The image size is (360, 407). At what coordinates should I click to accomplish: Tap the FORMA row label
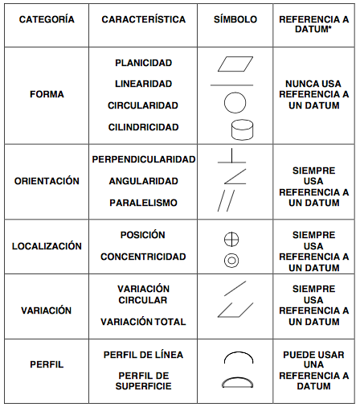[46, 94]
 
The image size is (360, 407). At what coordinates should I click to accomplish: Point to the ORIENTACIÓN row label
[47, 181]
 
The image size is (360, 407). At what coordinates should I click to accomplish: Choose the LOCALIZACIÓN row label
[47, 245]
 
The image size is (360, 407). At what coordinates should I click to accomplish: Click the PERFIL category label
[46, 364]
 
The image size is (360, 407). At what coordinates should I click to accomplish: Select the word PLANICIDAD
[143, 62]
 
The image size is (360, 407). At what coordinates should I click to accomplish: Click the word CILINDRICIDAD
[143, 127]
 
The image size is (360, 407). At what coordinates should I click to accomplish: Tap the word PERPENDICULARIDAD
[144, 159]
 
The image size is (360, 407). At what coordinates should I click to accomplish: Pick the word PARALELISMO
[143, 203]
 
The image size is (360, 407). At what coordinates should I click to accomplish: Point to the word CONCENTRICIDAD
[143, 257]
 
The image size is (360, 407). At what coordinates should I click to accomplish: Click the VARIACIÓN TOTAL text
[143, 322]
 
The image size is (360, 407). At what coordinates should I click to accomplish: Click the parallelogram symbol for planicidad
[234, 63]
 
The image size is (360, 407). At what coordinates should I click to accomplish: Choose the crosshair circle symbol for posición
[231, 239]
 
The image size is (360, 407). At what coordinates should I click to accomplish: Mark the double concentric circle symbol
[231, 260]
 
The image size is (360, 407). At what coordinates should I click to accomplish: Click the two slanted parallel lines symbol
[227, 199]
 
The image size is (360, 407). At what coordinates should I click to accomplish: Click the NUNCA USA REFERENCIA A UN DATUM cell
[313, 94]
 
